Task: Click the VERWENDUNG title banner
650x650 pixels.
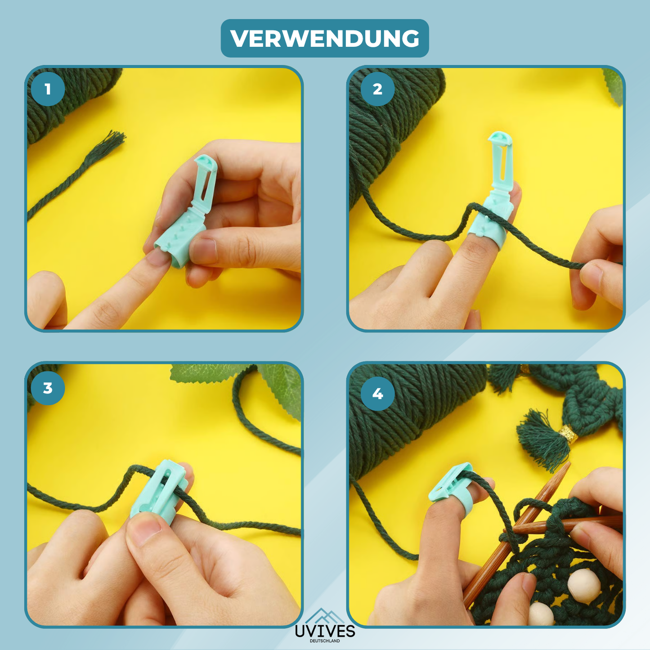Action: click(x=324, y=38)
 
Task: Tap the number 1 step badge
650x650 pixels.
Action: click(x=48, y=89)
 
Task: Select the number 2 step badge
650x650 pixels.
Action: click(x=377, y=89)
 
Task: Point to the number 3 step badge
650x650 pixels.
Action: click(x=48, y=388)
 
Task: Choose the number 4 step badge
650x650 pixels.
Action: click(x=377, y=394)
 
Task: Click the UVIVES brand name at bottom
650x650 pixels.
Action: click(x=325, y=631)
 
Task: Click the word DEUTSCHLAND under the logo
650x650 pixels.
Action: click(x=325, y=641)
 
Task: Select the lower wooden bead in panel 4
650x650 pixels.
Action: click(x=541, y=614)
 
